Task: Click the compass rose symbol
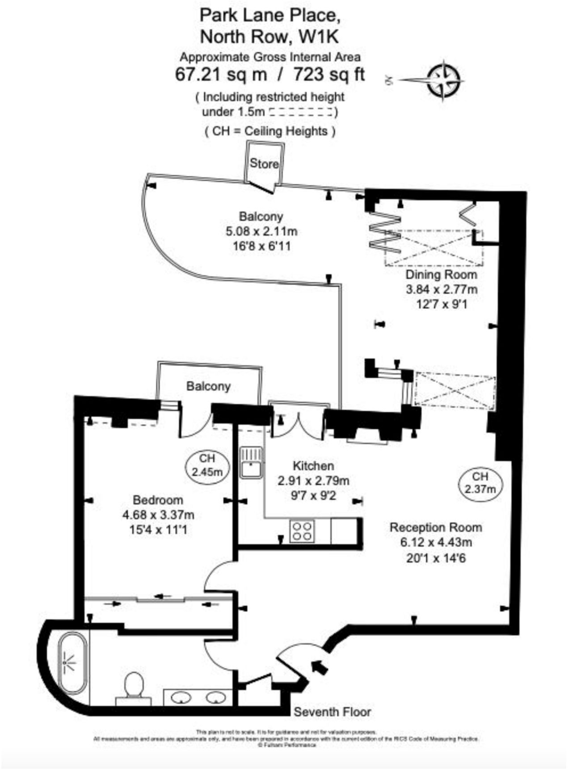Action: [443, 80]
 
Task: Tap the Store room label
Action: [264, 164]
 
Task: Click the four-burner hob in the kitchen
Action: [302, 531]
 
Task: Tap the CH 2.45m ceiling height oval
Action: [207, 465]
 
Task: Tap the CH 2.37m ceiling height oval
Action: [480, 483]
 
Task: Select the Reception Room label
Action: [436, 527]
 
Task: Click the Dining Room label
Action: [441, 274]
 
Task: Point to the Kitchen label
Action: [313, 466]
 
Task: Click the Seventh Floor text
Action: [332, 712]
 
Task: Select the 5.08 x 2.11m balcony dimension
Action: [261, 231]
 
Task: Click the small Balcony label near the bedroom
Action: [208, 386]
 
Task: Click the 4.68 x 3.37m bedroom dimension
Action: [158, 515]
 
